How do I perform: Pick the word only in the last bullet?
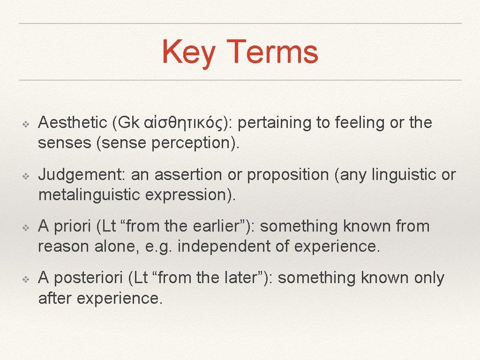click(429, 278)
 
